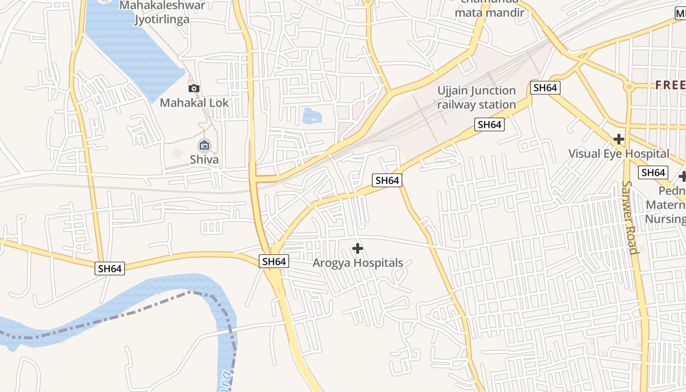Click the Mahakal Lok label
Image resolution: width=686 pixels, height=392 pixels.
(x=194, y=103)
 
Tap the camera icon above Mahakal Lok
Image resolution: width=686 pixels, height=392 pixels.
(x=194, y=89)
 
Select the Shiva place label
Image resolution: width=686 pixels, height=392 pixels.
(x=204, y=159)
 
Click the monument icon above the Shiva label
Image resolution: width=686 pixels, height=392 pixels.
(x=204, y=146)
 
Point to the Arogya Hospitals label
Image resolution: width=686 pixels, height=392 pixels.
(x=358, y=263)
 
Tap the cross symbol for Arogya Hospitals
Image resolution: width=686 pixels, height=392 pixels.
(x=358, y=249)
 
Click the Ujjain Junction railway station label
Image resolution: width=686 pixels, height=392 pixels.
(x=476, y=98)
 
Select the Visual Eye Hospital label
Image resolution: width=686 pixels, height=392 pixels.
(x=618, y=153)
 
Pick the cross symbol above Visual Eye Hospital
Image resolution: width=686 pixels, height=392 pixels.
(x=619, y=139)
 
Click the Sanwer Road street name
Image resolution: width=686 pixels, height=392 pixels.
(x=630, y=218)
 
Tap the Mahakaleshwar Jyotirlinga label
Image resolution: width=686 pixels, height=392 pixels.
(x=163, y=12)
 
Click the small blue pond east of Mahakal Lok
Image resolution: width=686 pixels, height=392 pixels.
(x=312, y=117)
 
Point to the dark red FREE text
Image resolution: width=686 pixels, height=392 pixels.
(x=670, y=85)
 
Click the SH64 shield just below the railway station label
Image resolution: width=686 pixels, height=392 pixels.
(x=489, y=125)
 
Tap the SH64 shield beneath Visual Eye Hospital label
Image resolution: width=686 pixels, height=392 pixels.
(x=653, y=172)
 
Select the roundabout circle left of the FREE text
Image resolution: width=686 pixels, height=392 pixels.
(x=629, y=87)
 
